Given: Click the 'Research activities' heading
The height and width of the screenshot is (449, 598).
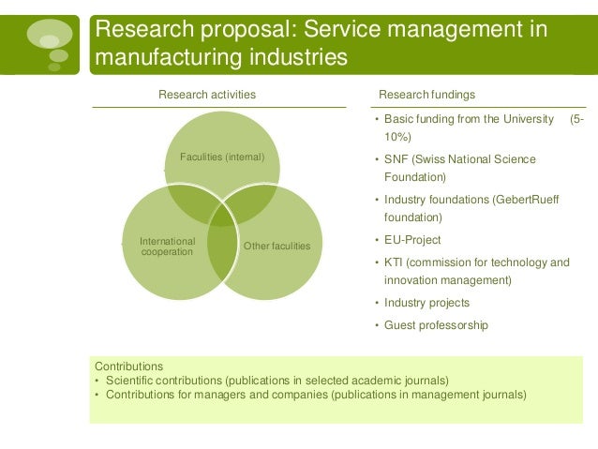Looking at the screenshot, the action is coord(206,95).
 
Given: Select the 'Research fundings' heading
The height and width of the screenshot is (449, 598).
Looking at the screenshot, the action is coord(426,95).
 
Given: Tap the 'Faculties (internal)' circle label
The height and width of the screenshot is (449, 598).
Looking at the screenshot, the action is coord(222,157).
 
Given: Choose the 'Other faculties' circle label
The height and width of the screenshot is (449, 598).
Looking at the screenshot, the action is coord(277,247).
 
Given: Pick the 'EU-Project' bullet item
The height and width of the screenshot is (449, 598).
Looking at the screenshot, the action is coord(412,240).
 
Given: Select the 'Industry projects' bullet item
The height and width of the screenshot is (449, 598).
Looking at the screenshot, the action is coord(426,303).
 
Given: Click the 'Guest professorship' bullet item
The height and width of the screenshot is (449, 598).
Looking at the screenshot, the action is coord(436,325).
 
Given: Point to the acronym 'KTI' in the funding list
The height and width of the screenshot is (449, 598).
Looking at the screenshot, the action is coord(396,262).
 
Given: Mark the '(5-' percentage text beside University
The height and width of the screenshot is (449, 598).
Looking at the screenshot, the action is coord(577,119).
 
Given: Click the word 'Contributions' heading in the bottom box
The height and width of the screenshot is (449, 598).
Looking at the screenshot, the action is coord(129,366).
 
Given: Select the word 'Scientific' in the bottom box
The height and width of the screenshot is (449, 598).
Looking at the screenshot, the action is coord(133,380).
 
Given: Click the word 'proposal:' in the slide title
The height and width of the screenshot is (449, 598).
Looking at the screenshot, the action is coord(247,29).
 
